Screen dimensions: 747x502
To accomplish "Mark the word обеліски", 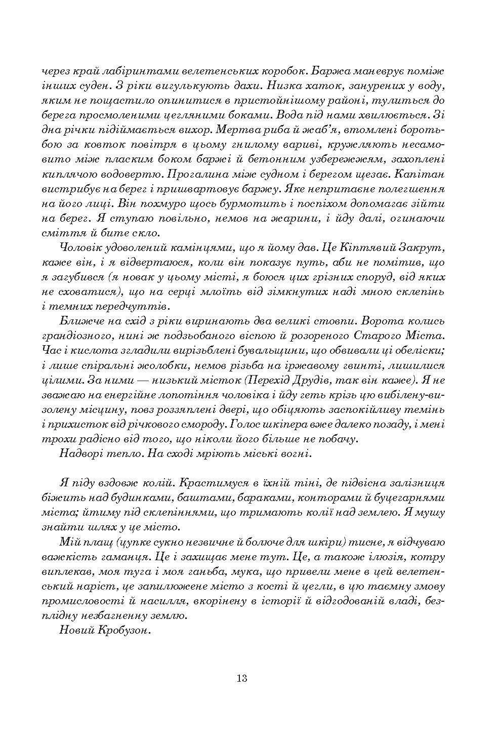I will (x=418, y=350).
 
